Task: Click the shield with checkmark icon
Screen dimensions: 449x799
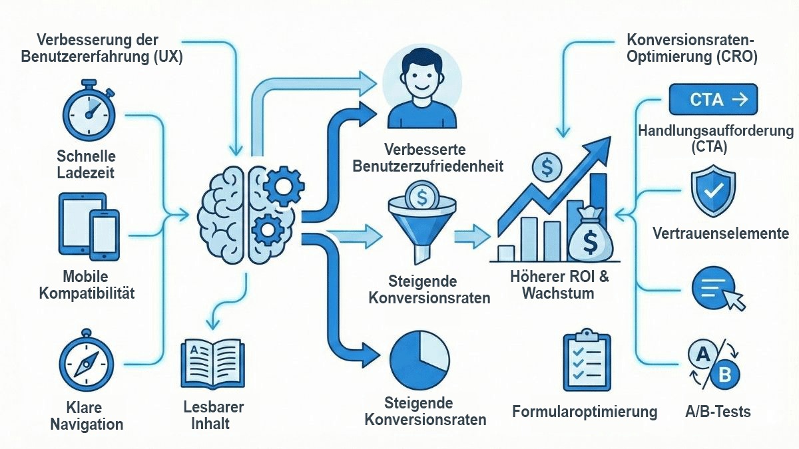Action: (713, 189)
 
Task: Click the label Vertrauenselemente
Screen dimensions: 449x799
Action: (720, 233)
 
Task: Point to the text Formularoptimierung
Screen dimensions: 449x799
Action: (585, 412)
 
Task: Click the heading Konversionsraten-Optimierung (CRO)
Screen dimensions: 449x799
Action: (692, 48)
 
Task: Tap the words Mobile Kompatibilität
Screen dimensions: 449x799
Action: (87, 284)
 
